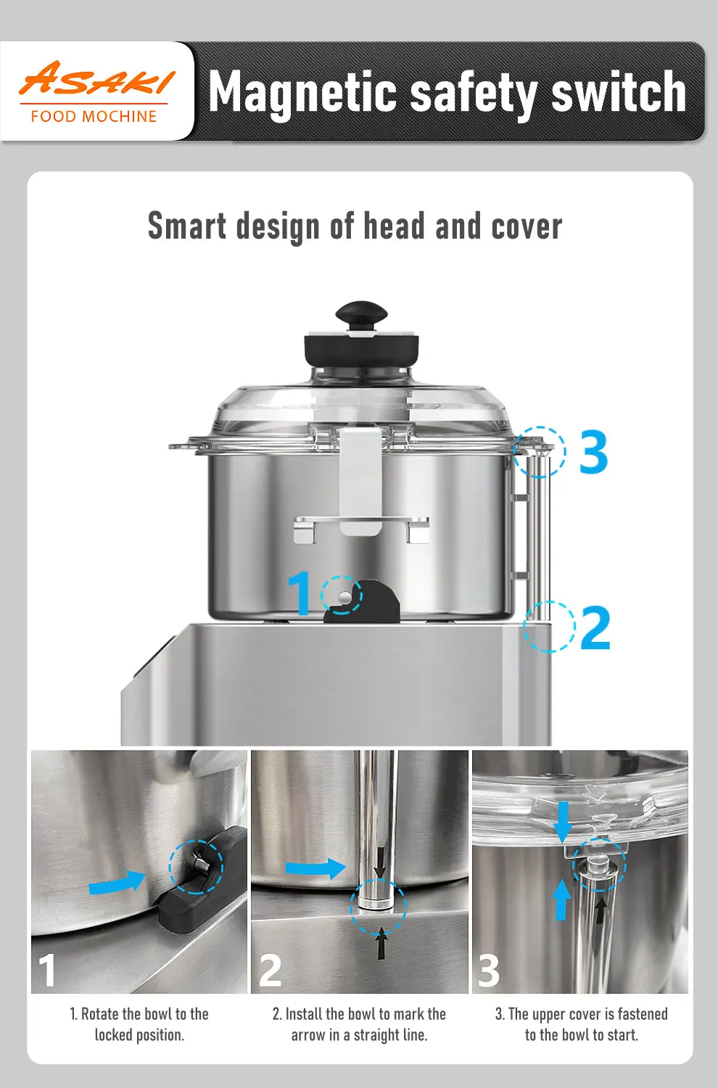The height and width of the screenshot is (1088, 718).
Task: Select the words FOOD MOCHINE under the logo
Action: point(94,116)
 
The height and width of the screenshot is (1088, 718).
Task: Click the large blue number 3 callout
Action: point(593,453)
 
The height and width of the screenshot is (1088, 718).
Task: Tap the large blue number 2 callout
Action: point(595,627)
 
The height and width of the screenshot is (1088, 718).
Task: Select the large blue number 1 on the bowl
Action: point(300,593)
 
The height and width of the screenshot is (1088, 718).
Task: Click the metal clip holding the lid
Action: point(360,479)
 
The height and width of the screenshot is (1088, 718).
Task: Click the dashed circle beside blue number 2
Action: point(549,627)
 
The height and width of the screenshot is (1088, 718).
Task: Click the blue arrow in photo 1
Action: point(117,883)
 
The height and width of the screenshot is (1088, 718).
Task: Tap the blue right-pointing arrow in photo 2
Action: point(315,867)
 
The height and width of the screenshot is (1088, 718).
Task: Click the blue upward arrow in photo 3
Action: point(561,899)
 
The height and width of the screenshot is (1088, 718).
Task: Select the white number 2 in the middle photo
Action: point(271,970)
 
